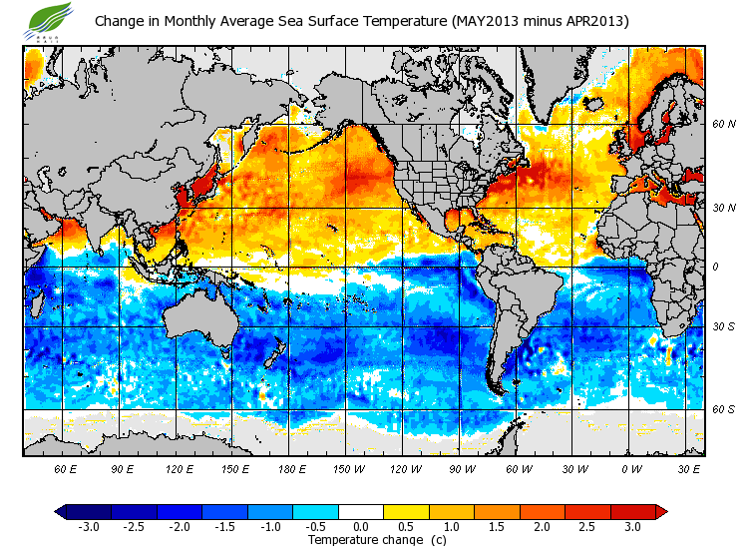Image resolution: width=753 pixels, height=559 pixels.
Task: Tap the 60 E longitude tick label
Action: tap(66, 468)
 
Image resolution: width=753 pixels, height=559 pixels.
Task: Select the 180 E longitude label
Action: tap(291, 468)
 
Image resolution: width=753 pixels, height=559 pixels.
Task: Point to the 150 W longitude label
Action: tap(347, 468)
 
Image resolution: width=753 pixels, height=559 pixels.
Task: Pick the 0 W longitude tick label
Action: tap(630, 468)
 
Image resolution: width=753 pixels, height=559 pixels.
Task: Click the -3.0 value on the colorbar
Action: tap(88, 526)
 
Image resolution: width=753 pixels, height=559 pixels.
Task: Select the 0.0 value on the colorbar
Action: tap(361, 526)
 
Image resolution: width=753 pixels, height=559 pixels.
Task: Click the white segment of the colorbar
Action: tap(361, 512)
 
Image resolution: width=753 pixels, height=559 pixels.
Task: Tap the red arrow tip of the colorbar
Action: tap(661, 512)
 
